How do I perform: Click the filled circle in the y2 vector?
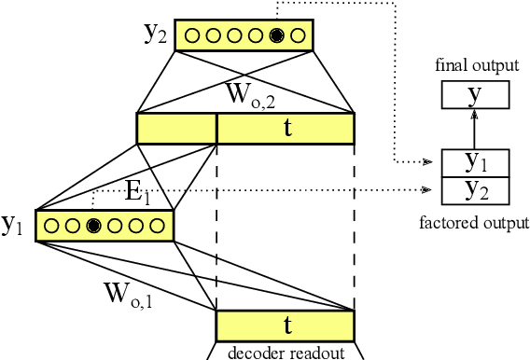tap(276, 36)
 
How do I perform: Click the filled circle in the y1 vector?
tap(93, 225)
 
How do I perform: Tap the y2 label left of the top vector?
tap(156, 34)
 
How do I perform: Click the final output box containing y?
tap(475, 95)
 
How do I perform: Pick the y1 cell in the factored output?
tap(475, 163)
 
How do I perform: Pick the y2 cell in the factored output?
tap(475, 190)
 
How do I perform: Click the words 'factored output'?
tap(475, 223)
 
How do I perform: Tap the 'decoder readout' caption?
tap(286, 352)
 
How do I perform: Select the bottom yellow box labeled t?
tap(286, 325)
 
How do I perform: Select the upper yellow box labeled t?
tap(286, 129)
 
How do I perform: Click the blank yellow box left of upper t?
tap(176, 129)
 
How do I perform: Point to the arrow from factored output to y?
tap(475, 129)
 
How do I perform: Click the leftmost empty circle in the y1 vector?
tap(49, 225)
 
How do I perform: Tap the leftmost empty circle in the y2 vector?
tap(192, 36)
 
